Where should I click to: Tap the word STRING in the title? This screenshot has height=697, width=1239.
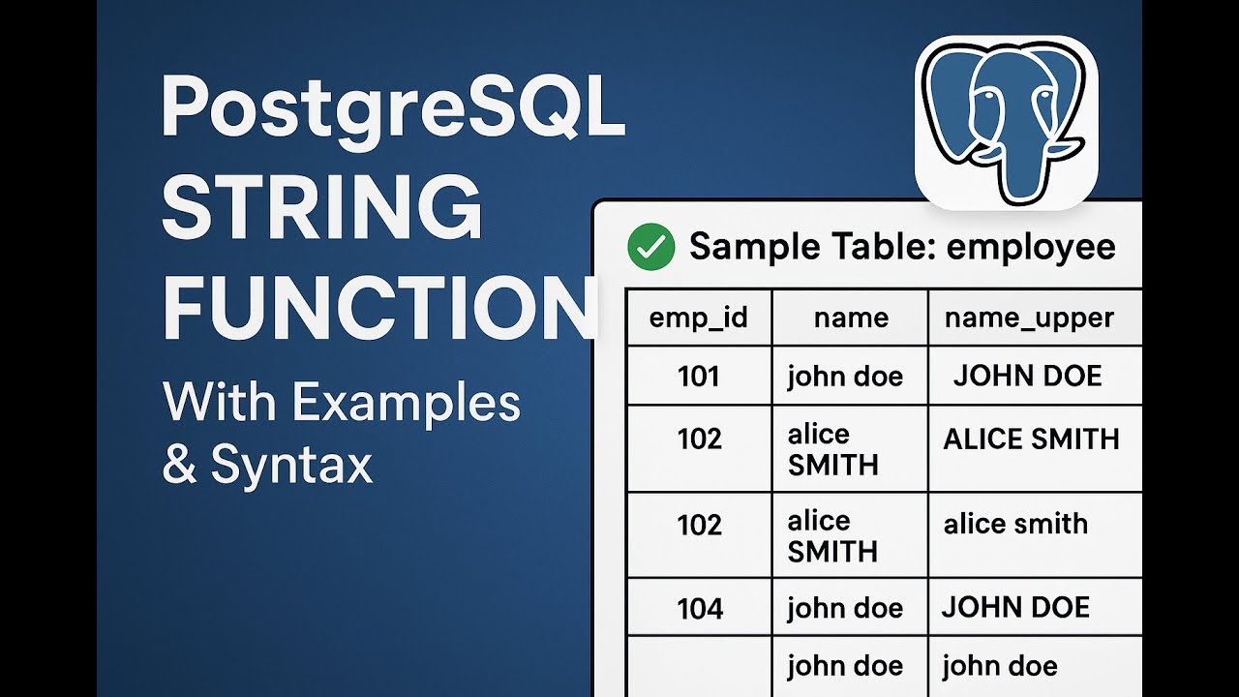point(321,209)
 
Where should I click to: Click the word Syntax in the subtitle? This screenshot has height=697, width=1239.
point(291,465)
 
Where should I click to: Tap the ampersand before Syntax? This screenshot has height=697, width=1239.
point(180,465)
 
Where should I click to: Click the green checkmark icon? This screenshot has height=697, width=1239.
point(650,247)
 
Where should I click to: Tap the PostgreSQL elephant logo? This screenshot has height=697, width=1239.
point(1006,121)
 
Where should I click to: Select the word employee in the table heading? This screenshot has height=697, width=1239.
point(1031,247)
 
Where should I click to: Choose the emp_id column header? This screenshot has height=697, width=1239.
point(699,318)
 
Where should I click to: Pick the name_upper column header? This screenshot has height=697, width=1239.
point(1029,318)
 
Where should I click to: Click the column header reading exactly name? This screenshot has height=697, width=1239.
point(851,318)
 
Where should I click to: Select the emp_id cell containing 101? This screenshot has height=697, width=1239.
point(699,376)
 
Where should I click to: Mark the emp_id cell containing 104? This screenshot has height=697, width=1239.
point(699,608)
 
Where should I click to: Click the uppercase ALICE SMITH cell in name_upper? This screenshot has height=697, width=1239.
point(1031,439)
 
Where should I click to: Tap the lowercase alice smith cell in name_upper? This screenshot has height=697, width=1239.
point(1015,524)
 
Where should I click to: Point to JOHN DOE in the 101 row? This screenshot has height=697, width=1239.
point(1027,376)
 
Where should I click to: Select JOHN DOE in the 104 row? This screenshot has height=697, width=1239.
point(1015,607)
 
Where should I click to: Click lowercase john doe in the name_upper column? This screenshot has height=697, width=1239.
point(999,666)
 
